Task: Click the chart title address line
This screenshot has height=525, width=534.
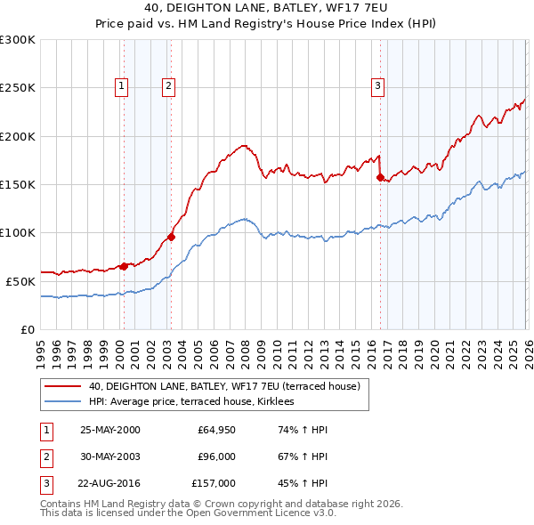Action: pyautogui.click(x=266, y=9)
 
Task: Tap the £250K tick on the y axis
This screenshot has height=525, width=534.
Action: pyautogui.click(x=19, y=88)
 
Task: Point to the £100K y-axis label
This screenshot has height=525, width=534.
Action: pyautogui.click(x=19, y=233)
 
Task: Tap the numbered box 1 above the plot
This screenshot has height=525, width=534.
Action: pyautogui.click(x=121, y=86)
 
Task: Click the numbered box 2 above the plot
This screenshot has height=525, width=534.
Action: pyautogui.click(x=168, y=86)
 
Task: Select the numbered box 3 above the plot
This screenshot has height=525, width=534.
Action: pyautogui.click(x=377, y=86)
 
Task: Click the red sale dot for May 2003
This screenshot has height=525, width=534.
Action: pyautogui.click(x=171, y=238)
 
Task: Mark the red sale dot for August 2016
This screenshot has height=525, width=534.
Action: pyautogui.click(x=380, y=178)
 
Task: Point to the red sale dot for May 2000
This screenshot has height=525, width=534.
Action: pyautogui.click(x=124, y=266)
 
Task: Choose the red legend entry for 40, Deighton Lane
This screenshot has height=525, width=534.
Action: pyautogui.click(x=223, y=387)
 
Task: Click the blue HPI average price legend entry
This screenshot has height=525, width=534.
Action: pyautogui.click(x=197, y=402)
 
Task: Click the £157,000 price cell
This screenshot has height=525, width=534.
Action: pyautogui.click(x=214, y=484)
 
